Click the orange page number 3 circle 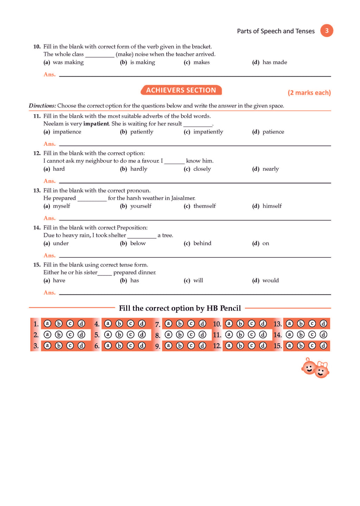coord(327,31)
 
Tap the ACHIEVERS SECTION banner coord(181,90)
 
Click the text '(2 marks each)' coord(309,93)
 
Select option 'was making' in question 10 coord(68,62)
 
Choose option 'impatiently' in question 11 coord(208,132)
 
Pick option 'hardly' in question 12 coord(139,169)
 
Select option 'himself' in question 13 coord(272,206)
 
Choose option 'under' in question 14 coord(60,243)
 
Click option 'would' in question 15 coord(270,280)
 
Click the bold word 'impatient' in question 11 coord(96,124)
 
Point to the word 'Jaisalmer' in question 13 coord(183,198)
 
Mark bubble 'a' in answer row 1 coord(47,324)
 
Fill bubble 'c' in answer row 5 coord(130,335)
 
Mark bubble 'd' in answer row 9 coord(202,346)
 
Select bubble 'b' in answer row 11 coord(240,335)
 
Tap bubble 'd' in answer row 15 coord(323,346)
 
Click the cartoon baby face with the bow coord(321,370)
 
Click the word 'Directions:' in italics coord(42,106)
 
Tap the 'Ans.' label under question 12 coord(50,181)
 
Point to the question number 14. coord(37,228)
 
